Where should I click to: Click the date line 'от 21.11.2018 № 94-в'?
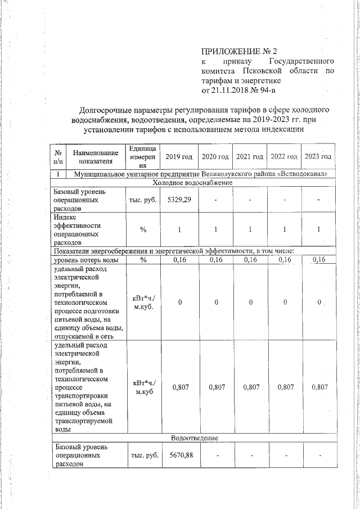point(238,89)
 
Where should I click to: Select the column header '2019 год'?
point(179,156)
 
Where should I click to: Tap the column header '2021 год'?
point(250,156)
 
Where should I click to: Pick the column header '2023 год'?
point(318,156)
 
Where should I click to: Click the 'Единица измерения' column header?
point(143,156)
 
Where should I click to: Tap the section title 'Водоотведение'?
point(194,438)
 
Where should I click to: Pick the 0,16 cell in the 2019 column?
point(179,260)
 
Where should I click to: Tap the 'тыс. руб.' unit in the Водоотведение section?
point(143,455)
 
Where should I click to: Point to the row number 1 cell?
point(58,174)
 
